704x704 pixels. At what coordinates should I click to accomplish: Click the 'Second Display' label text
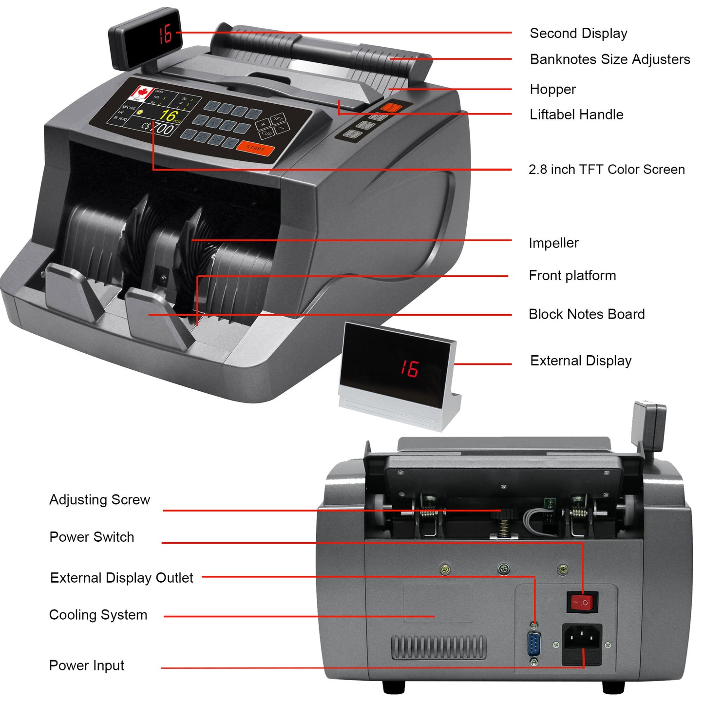pos(578,33)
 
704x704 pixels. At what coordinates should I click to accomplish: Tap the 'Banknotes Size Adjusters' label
pos(609,59)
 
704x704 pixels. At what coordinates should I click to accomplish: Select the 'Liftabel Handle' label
pos(576,114)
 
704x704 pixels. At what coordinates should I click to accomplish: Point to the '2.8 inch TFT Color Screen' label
pos(607,170)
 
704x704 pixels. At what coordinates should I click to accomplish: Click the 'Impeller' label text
pos(553,243)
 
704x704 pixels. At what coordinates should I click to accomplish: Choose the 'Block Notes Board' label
pos(587,314)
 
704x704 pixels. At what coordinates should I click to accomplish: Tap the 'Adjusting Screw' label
pos(99,500)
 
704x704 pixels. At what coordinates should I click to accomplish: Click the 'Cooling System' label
pos(98,615)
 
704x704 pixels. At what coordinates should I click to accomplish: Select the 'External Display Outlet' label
pos(121,578)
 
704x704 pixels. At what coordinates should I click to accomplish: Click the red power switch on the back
pos(582,602)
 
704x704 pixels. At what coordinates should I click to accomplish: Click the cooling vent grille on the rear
pos(438,647)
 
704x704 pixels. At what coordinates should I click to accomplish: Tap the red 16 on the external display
pos(409,368)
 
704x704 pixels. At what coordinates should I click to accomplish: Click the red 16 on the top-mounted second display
pos(165,34)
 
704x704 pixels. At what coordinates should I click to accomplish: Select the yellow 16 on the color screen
pos(168,115)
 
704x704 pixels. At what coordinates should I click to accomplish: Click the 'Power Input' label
pos(87,666)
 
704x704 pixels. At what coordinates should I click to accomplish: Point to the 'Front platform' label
pos(572,276)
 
